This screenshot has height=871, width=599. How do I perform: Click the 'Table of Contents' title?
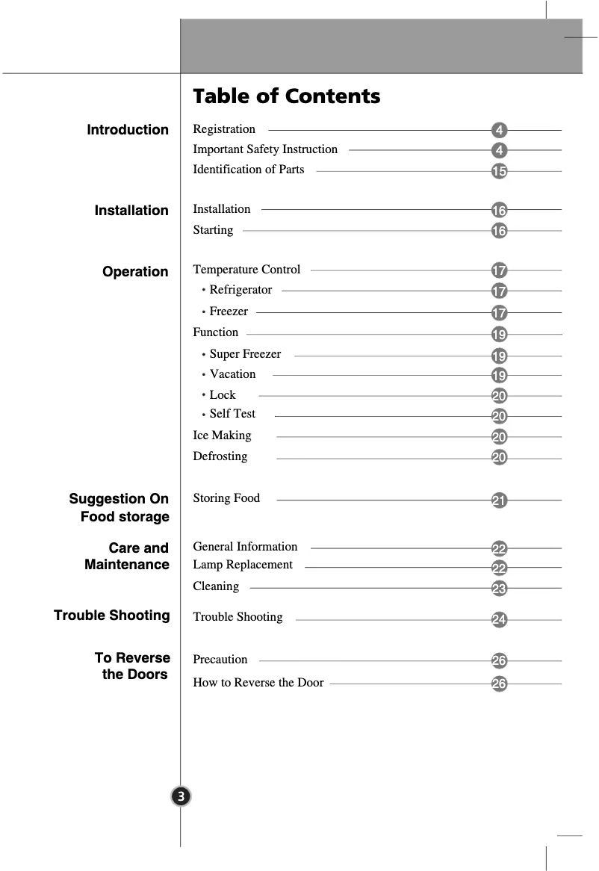[x=286, y=96]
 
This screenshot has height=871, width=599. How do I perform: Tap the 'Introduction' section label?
[x=128, y=130]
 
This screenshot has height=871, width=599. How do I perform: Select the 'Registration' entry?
[x=224, y=129]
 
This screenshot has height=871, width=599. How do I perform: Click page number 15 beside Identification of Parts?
[x=499, y=172]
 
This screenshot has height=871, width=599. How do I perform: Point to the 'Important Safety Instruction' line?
[x=265, y=149]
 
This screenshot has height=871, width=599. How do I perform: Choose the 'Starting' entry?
[x=213, y=230]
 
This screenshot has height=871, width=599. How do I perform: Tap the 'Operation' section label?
[x=135, y=272]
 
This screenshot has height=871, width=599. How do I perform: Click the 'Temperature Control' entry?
[x=246, y=270]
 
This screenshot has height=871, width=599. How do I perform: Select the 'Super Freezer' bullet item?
[x=245, y=354]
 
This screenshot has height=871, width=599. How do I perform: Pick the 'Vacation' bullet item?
[x=232, y=374]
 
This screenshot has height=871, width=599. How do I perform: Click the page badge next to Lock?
[x=499, y=397]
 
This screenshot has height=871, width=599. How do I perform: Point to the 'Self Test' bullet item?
[x=232, y=414]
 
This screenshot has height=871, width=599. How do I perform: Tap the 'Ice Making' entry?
[x=222, y=435]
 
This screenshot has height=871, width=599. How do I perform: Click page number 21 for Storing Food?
[x=499, y=500]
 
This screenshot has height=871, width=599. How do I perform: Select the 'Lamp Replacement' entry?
[x=243, y=565]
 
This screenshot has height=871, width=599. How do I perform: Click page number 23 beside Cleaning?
[x=499, y=589]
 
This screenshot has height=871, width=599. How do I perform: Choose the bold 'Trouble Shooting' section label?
[x=112, y=616]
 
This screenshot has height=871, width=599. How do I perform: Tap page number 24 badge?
[x=499, y=620]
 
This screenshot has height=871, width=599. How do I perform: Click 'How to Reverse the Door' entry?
[x=258, y=683]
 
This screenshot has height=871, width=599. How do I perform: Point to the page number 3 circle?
[x=181, y=796]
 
